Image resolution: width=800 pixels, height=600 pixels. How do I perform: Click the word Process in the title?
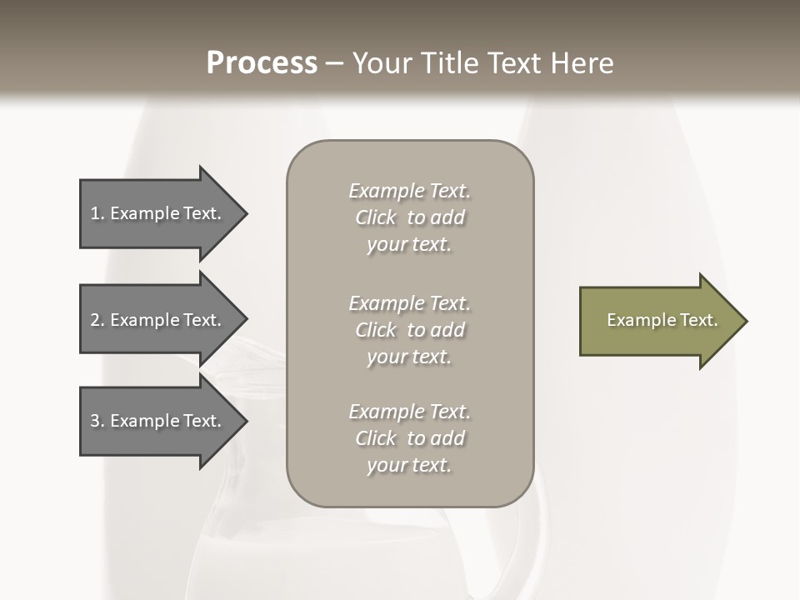(x=262, y=63)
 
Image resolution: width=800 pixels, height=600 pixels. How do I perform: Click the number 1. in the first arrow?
(x=97, y=213)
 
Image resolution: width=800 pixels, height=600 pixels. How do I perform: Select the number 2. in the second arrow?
(x=97, y=320)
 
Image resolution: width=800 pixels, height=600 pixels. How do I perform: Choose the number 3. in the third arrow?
(x=97, y=421)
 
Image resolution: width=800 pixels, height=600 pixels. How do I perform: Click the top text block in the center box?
(x=409, y=217)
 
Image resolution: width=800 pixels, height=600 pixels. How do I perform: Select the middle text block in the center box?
(x=409, y=330)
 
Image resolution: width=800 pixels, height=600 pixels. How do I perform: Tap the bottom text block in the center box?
(x=409, y=438)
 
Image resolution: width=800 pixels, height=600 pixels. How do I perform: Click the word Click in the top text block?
(x=376, y=217)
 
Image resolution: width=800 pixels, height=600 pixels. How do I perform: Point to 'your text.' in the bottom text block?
(x=409, y=465)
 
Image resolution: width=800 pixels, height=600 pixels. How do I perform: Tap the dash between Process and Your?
(x=334, y=64)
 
